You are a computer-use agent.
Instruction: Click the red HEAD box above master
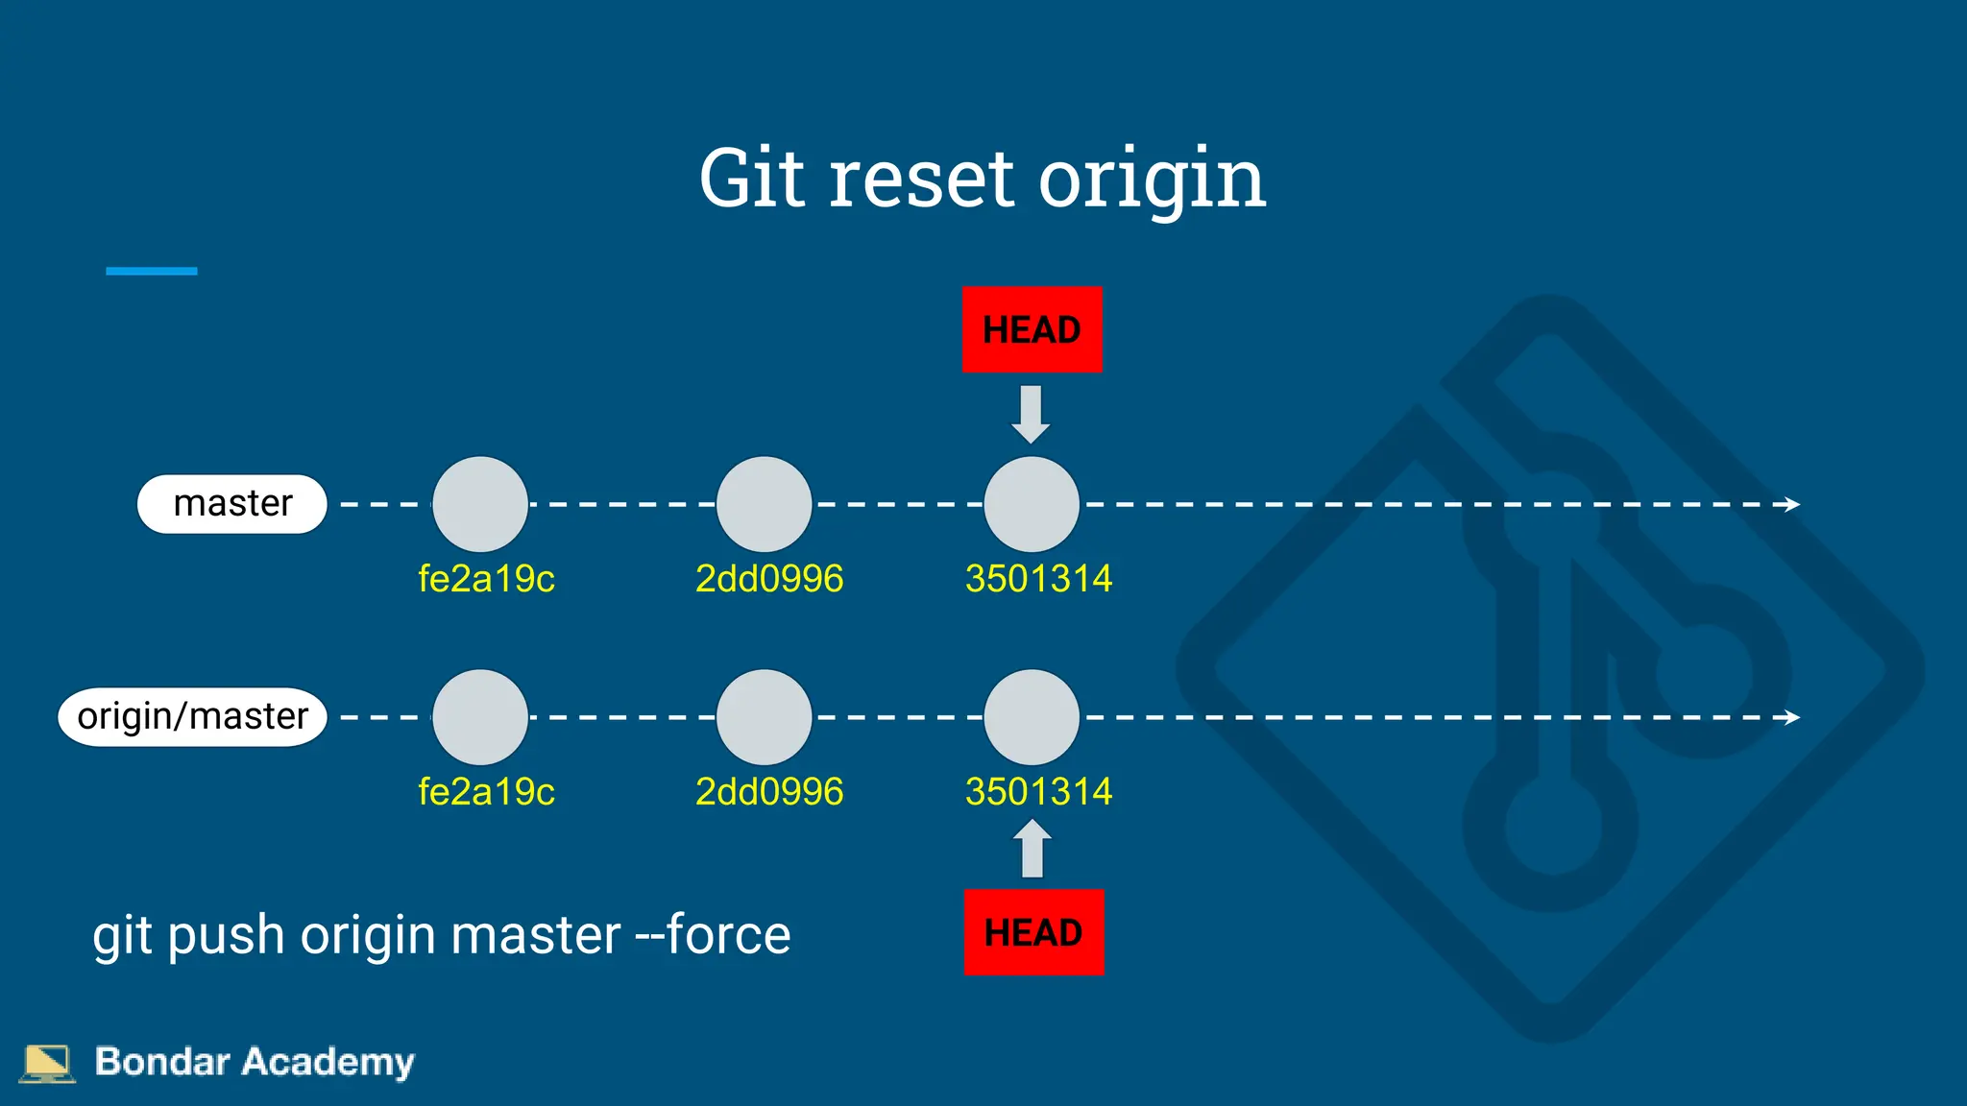1032,329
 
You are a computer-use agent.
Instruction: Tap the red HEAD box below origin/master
1033,932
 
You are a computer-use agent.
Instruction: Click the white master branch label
232,503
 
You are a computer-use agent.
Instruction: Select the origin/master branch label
193,716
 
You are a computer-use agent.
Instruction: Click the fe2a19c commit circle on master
480,504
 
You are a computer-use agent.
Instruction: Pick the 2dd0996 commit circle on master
765,504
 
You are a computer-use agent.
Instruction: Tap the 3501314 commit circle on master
1032,504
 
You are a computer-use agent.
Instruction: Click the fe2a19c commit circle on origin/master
480,717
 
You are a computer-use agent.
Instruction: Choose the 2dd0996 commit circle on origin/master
765,717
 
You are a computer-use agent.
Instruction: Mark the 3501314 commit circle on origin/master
1032,717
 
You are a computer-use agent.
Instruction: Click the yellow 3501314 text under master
1038,579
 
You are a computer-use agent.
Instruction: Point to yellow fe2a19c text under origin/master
486,792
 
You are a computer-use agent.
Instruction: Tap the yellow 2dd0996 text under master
769,579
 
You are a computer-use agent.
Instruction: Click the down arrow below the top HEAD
1032,414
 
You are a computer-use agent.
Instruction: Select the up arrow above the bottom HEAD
1032,849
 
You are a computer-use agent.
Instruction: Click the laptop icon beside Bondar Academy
46,1063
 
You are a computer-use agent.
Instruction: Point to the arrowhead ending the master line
1791,504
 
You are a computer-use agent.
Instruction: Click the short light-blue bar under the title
152,272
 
